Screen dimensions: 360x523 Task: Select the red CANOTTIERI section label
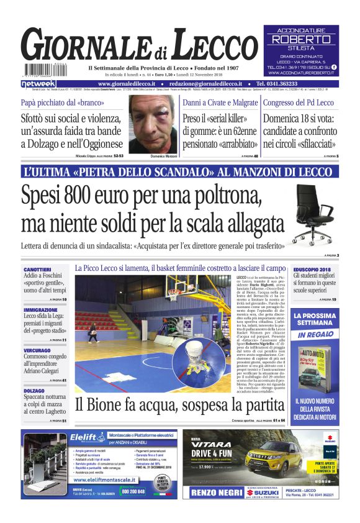tap(38, 269)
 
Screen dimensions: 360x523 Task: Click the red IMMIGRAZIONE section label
tap(41, 309)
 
